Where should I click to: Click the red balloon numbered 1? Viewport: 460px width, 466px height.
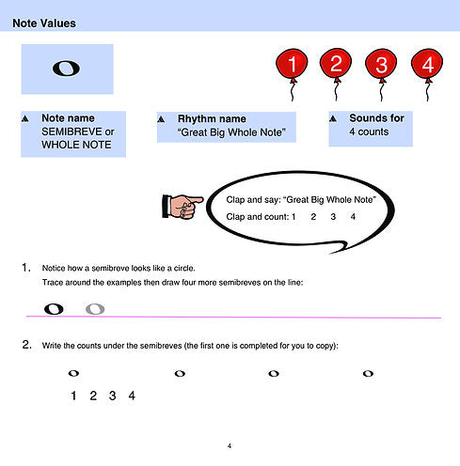(x=292, y=64)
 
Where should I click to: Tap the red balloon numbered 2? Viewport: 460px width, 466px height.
(x=336, y=64)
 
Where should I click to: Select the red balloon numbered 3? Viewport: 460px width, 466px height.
(x=381, y=64)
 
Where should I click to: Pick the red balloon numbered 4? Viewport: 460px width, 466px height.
(x=427, y=64)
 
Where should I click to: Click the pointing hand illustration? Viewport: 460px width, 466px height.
(x=182, y=206)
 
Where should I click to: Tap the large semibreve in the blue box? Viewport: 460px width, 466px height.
(x=66, y=69)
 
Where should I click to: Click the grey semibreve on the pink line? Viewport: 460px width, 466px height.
(x=95, y=309)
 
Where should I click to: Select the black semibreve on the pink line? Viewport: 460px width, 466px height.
(x=54, y=309)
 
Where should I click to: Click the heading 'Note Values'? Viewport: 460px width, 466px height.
(x=44, y=23)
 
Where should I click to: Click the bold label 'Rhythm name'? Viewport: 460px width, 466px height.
(x=212, y=118)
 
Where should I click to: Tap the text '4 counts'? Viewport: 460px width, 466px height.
(x=369, y=132)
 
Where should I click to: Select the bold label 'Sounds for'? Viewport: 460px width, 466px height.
(x=377, y=118)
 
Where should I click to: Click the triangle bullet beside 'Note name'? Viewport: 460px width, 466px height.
(x=25, y=118)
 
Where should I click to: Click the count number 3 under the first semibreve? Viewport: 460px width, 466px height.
(x=112, y=396)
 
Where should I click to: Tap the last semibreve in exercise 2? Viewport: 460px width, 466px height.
(x=368, y=373)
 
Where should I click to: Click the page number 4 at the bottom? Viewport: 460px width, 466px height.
(x=230, y=445)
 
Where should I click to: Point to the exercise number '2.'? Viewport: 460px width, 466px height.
(x=27, y=345)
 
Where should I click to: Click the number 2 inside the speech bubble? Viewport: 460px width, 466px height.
(x=313, y=217)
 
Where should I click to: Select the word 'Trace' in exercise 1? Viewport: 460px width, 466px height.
(x=51, y=283)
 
